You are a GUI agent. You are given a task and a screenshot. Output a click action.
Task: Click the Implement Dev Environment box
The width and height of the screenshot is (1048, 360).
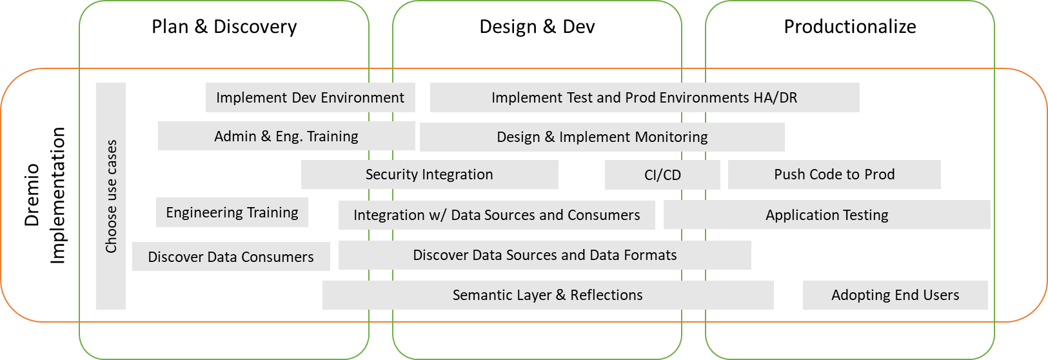(x=310, y=97)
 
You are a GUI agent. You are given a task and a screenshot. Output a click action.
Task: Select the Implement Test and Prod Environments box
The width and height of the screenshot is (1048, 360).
(x=644, y=97)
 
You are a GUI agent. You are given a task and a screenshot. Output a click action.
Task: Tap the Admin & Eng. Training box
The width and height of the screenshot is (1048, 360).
(x=286, y=136)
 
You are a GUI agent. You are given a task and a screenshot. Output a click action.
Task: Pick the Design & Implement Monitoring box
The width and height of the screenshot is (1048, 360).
(x=602, y=137)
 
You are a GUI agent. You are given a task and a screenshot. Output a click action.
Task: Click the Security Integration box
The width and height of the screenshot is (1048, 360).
(x=429, y=174)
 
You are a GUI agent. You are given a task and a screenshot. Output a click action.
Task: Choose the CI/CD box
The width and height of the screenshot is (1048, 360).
(x=662, y=175)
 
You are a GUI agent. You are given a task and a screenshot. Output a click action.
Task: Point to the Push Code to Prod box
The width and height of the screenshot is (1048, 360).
(x=834, y=174)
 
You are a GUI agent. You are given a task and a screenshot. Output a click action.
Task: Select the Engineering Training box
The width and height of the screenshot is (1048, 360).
(x=232, y=212)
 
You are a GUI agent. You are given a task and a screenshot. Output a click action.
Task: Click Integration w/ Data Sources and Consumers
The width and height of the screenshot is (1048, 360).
(x=497, y=215)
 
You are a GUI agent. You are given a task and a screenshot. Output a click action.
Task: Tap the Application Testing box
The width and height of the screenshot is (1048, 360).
(x=827, y=215)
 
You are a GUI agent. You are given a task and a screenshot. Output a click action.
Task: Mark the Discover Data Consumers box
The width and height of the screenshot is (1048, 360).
(x=230, y=257)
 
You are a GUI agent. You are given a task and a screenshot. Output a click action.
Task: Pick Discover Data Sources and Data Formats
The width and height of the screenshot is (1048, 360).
(x=544, y=255)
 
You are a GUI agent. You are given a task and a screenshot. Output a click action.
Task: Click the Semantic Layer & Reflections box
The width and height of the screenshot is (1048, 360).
(x=548, y=295)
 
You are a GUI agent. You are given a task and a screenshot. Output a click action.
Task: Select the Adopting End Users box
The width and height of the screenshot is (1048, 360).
(x=895, y=295)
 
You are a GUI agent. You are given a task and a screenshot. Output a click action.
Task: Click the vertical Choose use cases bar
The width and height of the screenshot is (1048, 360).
(x=111, y=196)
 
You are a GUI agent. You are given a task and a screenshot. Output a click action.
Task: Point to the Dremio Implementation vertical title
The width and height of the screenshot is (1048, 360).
(x=44, y=195)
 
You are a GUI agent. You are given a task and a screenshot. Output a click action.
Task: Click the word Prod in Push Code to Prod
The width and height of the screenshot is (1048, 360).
(x=879, y=174)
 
